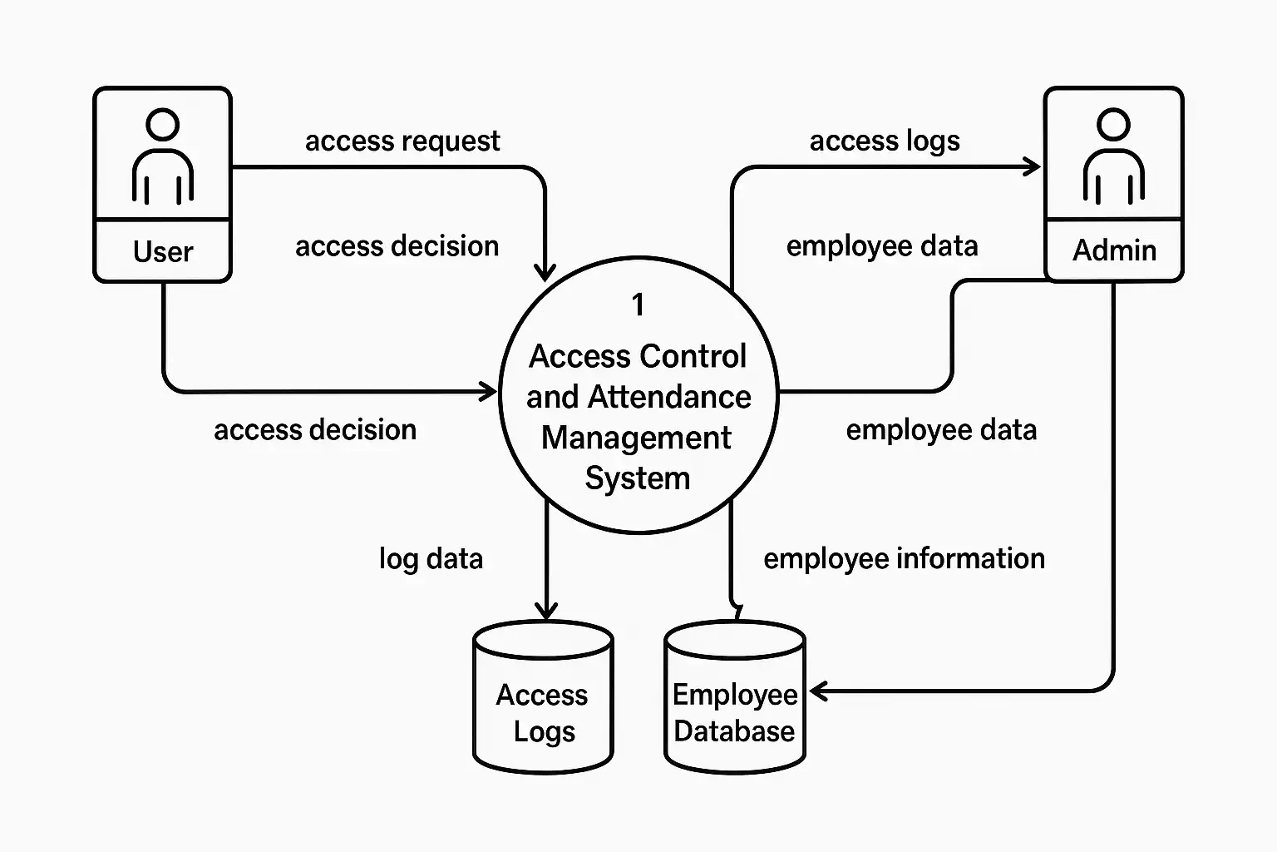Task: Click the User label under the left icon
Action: coord(163,251)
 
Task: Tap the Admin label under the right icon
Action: coord(1114,250)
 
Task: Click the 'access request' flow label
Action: coord(402,141)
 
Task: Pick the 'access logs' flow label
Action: coord(885,141)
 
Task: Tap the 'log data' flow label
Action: coord(431,558)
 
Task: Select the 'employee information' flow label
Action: coord(904,558)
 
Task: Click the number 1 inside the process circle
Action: coord(638,305)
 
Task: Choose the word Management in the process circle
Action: coord(637,438)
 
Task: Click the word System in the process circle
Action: coord(638,478)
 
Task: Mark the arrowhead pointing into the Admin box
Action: coord(1033,167)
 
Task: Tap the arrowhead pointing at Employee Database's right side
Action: coord(817,691)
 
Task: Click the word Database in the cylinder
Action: coord(734,731)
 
